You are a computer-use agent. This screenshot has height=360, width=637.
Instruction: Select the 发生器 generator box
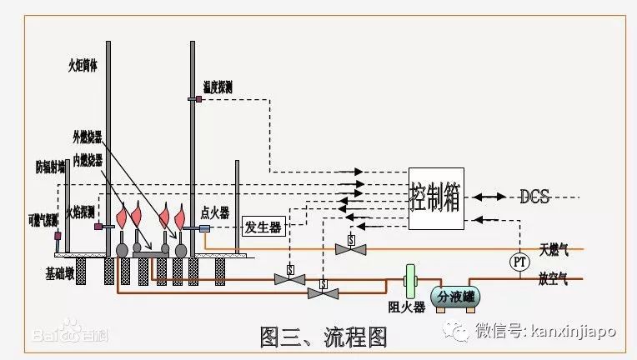[263, 225]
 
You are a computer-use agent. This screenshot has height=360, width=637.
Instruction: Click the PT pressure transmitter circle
[520, 262]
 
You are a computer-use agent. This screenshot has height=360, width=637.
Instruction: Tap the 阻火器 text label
[408, 307]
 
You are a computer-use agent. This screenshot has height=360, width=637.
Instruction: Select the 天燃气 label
[554, 250]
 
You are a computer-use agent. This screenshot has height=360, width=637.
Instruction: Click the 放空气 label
[554, 280]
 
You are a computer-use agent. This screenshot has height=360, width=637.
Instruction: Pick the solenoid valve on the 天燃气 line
[351, 247]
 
